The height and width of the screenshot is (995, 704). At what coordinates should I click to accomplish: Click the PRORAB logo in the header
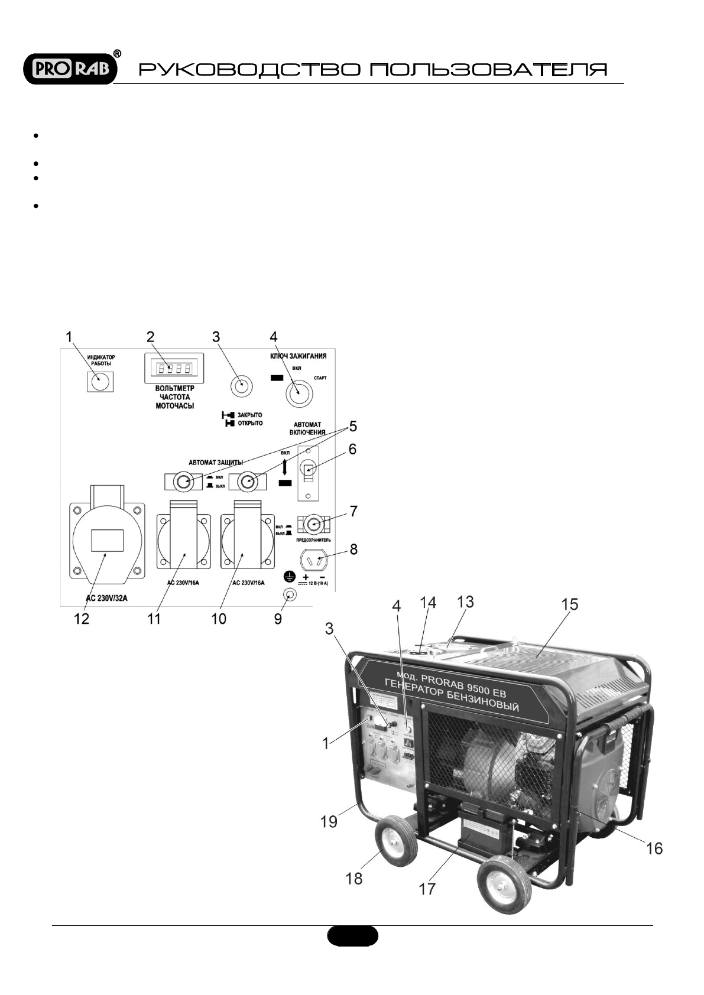coord(70,69)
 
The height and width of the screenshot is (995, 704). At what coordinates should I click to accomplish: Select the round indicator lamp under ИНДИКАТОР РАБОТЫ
coord(100,381)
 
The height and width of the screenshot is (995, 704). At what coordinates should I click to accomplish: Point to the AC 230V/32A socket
coord(106,539)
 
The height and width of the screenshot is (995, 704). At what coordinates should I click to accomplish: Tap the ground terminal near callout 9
coord(290,594)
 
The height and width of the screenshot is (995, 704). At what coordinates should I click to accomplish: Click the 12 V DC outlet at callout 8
coord(314,559)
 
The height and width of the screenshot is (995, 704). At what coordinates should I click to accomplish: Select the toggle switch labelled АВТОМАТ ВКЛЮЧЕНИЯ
coord(308,470)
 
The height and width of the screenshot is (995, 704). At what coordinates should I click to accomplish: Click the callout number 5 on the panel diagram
coord(353,426)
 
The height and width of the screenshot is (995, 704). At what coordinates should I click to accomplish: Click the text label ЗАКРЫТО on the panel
coord(249,415)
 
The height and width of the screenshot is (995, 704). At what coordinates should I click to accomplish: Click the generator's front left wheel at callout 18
coord(395,844)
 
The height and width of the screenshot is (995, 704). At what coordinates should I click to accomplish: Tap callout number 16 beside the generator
coord(654,849)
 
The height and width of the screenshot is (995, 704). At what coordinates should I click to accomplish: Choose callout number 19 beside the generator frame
coord(329,821)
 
